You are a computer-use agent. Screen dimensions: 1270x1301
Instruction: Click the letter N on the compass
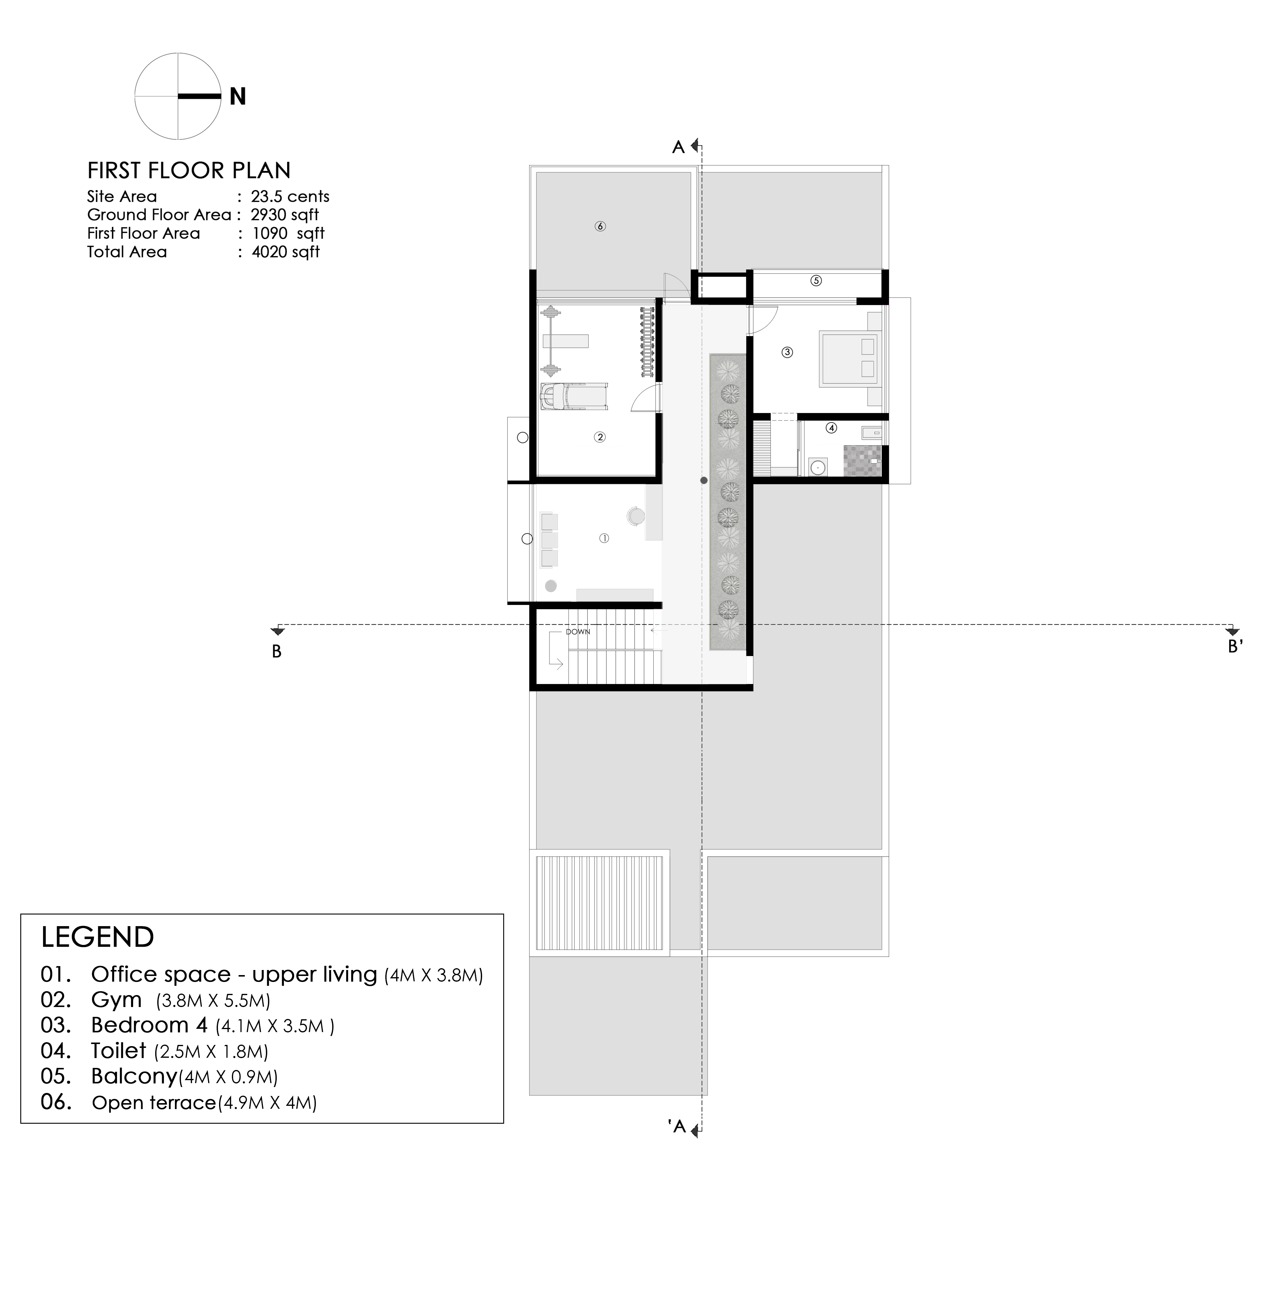click(x=238, y=97)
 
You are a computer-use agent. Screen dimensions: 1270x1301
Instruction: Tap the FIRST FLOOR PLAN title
click(x=189, y=171)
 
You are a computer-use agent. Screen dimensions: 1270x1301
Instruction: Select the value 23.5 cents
click(x=290, y=197)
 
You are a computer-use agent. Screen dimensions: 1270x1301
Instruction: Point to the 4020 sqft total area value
click(x=285, y=252)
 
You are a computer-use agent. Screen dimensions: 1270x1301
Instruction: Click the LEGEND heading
click(x=97, y=937)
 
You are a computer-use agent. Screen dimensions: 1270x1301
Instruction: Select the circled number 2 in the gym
click(x=600, y=438)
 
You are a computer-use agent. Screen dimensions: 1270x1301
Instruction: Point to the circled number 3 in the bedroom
click(x=787, y=352)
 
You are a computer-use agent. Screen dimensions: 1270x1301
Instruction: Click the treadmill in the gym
click(x=574, y=396)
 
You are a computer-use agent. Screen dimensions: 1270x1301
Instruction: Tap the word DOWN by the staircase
click(x=578, y=632)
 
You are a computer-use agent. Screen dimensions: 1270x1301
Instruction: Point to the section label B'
click(x=1235, y=646)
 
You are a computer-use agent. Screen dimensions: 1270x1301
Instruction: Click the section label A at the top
click(x=678, y=147)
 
